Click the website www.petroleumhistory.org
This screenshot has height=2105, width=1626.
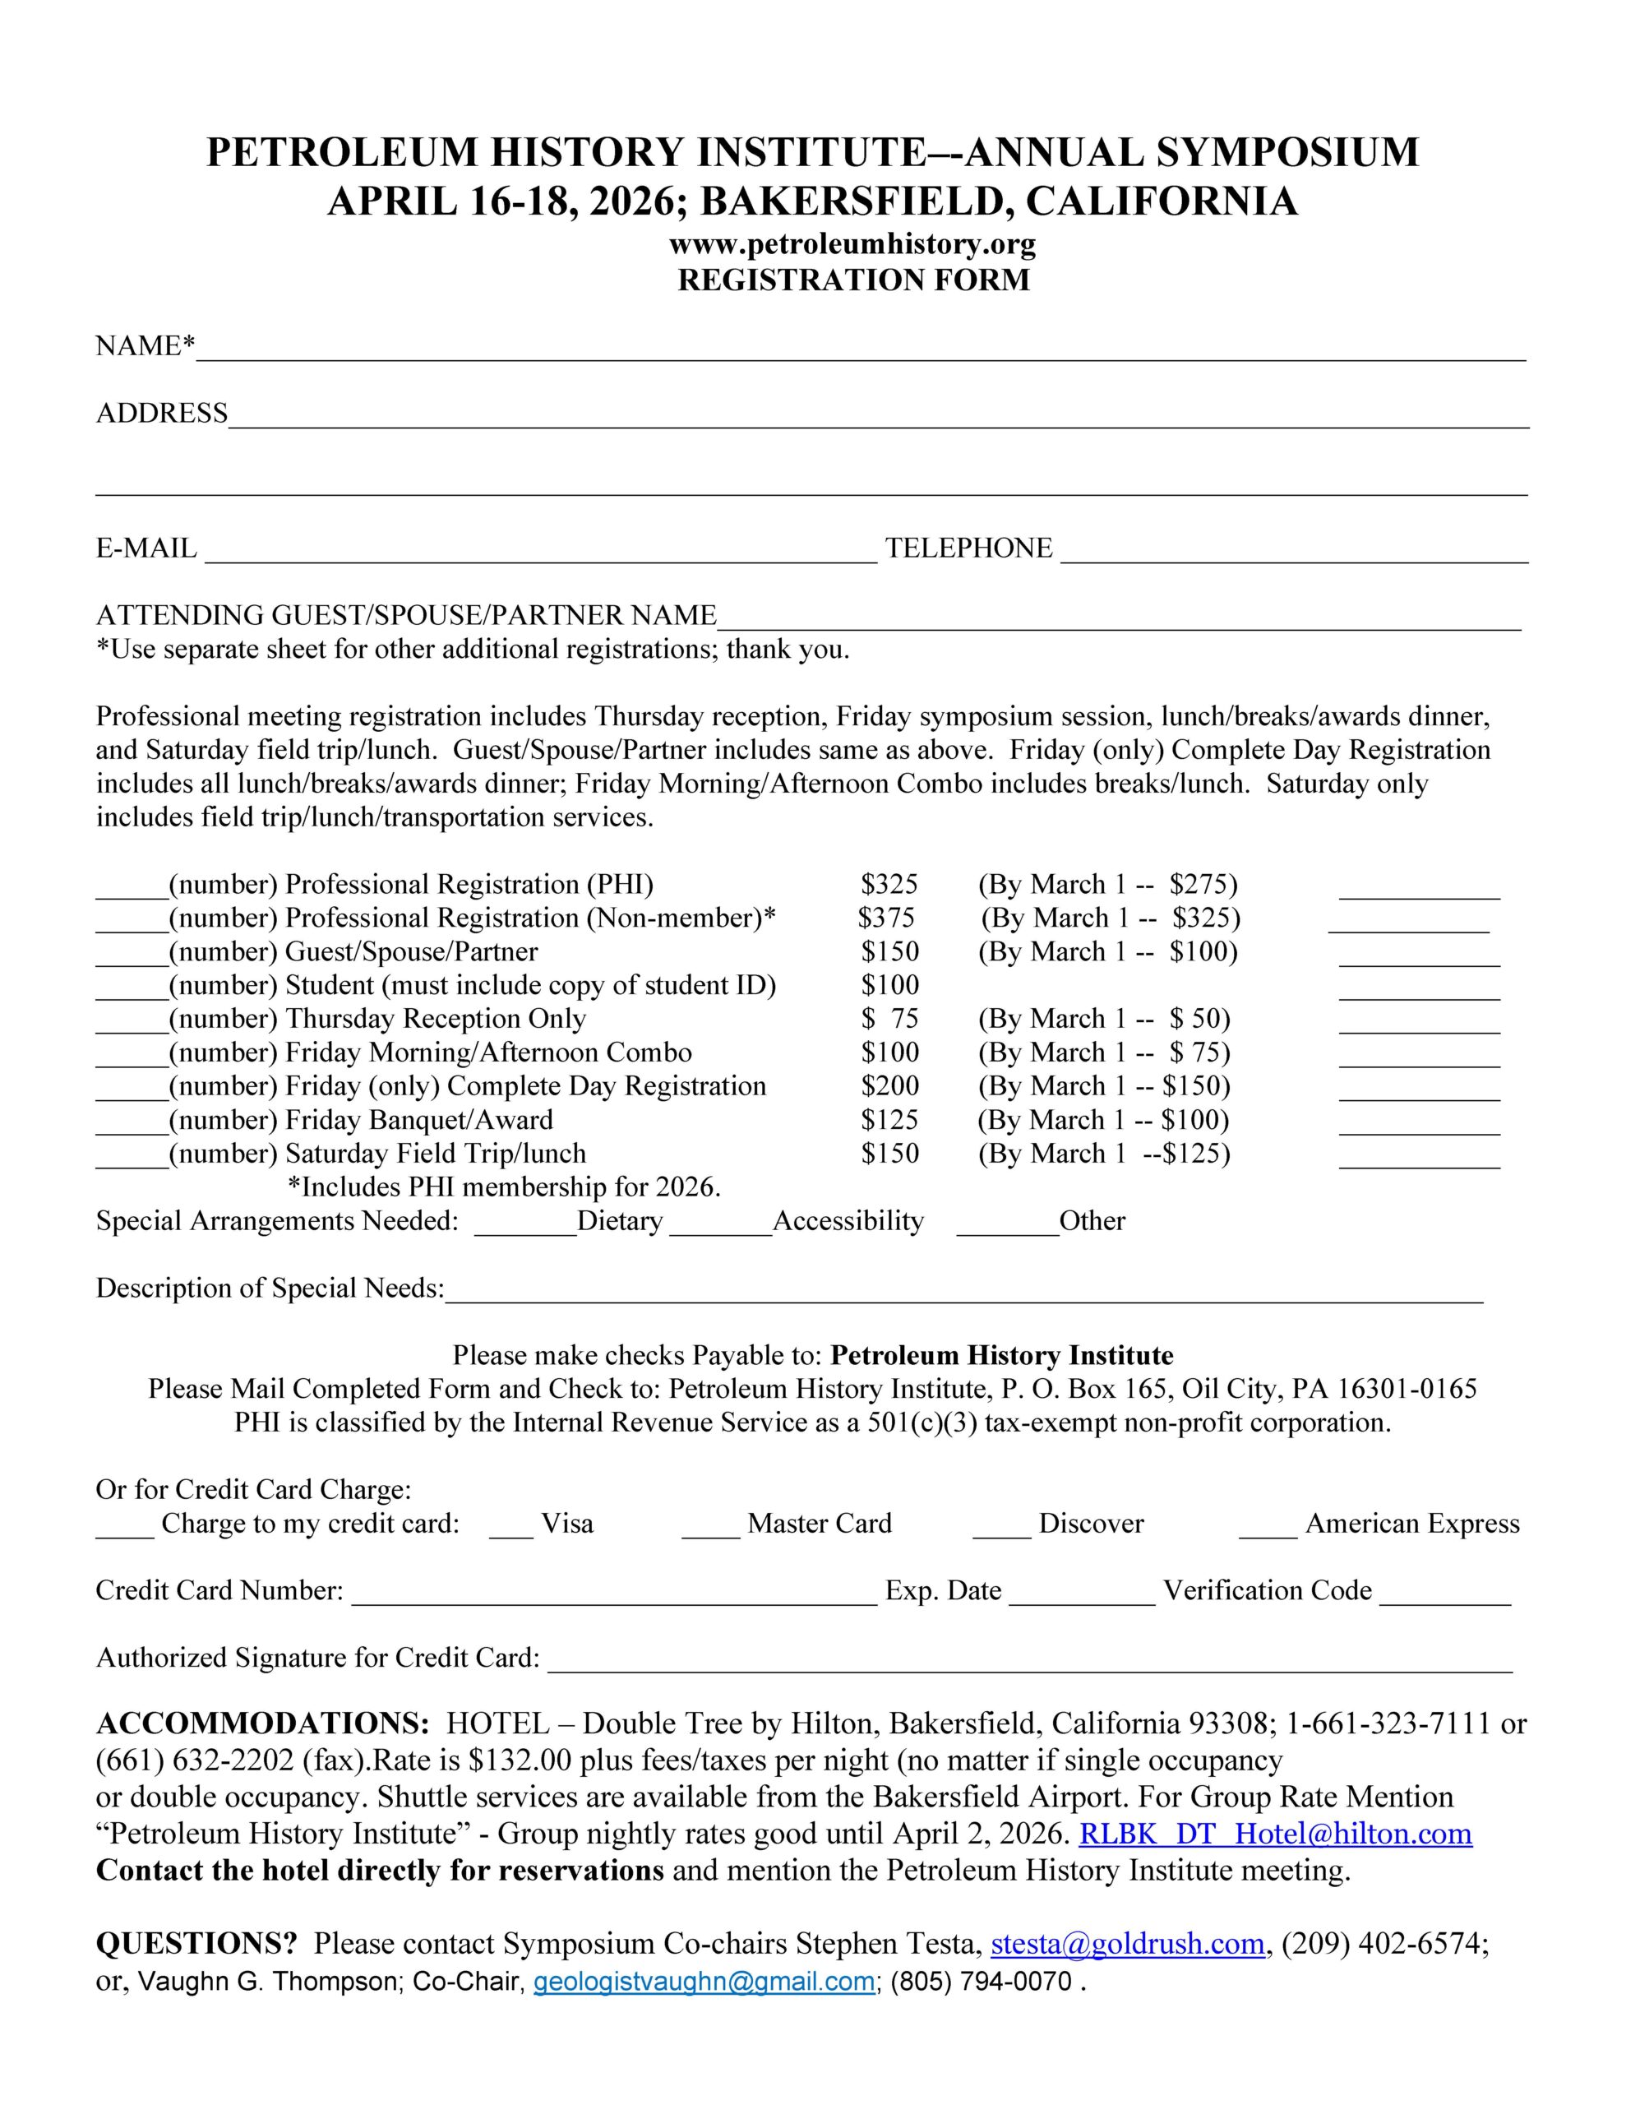click(x=852, y=245)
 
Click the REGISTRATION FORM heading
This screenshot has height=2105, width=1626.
click(x=853, y=280)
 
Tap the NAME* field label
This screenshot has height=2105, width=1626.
click(x=146, y=346)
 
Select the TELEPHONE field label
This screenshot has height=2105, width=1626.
click(x=968, y=548)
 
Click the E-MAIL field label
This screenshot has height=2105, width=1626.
click(x=146, y=548)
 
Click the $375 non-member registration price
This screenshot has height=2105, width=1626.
click(x=886, y=918)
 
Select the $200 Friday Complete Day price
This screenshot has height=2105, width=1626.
click(x=889, y=1086)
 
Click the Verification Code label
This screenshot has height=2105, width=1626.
click(x=1267, y=1590)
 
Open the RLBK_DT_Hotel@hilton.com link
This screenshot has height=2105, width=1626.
click(x=1274, y=1834)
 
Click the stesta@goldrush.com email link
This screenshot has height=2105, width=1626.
click(x=1127, y=1944)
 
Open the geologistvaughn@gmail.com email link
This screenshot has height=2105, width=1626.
click(x=704, y=1982)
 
